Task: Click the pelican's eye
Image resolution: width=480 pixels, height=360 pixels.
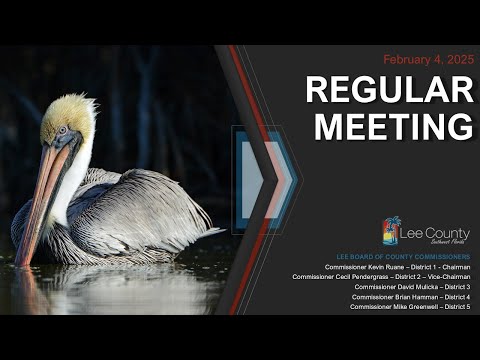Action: (x=62, y=130)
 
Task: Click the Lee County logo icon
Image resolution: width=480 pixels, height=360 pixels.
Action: (x=391, y=232)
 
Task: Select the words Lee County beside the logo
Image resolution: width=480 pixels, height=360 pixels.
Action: (x=437, y=233)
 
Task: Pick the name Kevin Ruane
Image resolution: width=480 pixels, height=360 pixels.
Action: (x=388, y=267)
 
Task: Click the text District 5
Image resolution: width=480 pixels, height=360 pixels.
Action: (x=455, y=307)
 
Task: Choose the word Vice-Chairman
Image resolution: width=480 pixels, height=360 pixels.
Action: (x=449, y=277)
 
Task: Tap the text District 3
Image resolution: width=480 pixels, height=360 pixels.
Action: (x=455, y=287)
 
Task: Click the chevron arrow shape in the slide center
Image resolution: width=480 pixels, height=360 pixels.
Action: (x=262, y=178)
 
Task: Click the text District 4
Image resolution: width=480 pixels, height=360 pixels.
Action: (x=455, y=297)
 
